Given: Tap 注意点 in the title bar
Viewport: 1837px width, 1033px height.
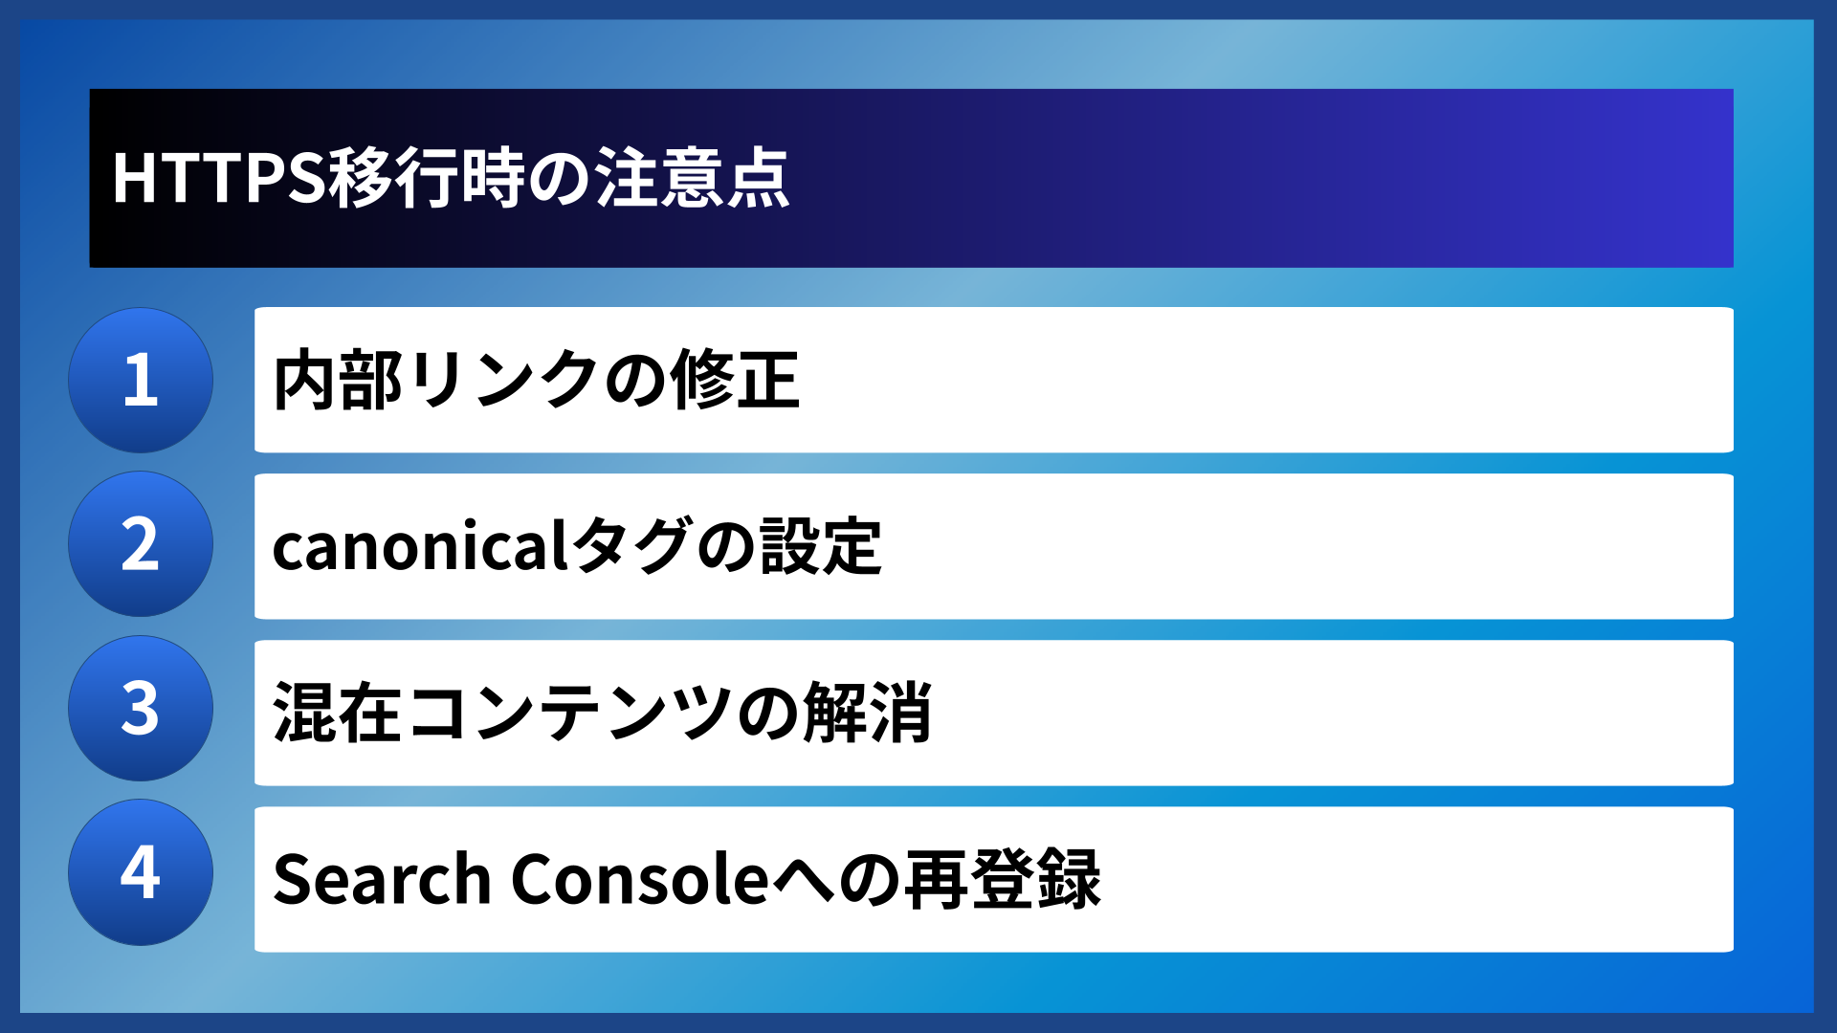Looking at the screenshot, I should (x=692, y=178).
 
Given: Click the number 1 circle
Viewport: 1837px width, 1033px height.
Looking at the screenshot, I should (x=141, y=381).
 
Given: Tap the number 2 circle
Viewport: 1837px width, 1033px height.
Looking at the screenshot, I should (x=141, y=544).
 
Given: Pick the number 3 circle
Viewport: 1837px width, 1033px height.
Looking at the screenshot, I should (x=141, y=709).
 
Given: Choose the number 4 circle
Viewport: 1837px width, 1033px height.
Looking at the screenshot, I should (x=141, y=872).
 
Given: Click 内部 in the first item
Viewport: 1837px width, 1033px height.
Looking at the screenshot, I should (x=338, y=381).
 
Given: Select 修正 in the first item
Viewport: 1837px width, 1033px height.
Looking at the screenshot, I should (x=735, y=381).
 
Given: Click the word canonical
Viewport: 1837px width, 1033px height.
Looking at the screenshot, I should (x=421, y=546).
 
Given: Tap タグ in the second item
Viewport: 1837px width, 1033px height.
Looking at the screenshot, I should (x=630, y=546).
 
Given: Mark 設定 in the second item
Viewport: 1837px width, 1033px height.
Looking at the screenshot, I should (x=821, y=546).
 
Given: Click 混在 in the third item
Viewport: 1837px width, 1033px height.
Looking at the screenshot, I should (x=338, y=713).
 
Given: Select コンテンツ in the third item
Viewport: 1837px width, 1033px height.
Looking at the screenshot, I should (x=569, y=713).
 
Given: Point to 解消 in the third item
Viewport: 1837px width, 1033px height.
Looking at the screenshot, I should (x=868, y=713).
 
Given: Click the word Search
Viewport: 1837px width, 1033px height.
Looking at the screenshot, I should (x=382, y=879).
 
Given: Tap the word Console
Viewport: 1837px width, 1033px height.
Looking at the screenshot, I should (x=640, y=879).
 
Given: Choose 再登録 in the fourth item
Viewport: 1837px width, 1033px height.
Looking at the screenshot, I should (x=1002, y=879).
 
